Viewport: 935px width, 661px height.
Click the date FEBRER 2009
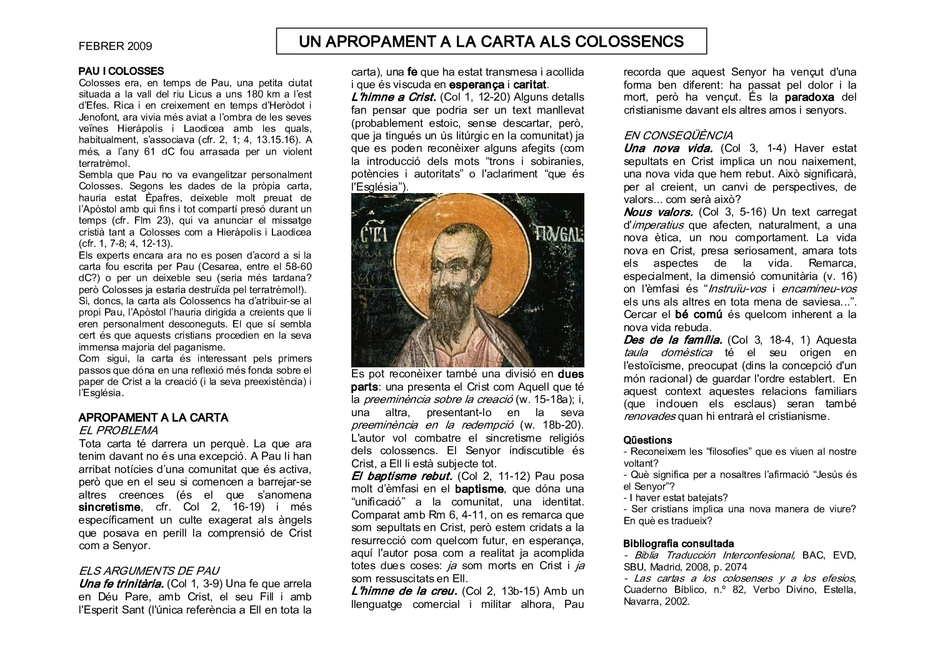[x=116, y=46]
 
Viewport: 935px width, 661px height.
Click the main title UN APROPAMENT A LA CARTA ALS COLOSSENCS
[x=491, y=42]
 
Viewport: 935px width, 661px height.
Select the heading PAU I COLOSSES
[x=121, y=71]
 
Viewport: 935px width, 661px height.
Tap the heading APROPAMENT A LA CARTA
[x=153, y=417]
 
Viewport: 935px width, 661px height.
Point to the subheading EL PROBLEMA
[x=118, y=430]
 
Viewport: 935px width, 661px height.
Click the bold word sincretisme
[x=110, y=507]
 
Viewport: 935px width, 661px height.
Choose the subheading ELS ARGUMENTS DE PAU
[x=149, y=570]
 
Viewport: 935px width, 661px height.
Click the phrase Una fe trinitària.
[x=121, y=584]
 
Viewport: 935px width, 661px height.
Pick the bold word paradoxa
[x=811, y=97]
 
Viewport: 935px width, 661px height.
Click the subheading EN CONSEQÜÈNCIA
[x=678, y=135]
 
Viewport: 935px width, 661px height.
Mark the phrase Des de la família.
[x=672, y=340]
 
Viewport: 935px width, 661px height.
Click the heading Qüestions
[x=647, y=440]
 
